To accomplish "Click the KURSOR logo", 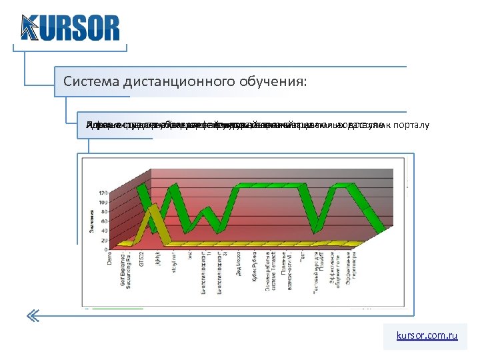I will coord(70,27).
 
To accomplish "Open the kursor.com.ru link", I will coord(427,337).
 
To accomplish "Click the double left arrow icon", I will coord(34,315).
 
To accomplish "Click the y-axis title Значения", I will coord(92,221).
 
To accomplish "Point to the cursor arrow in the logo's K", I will coord(29,28).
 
